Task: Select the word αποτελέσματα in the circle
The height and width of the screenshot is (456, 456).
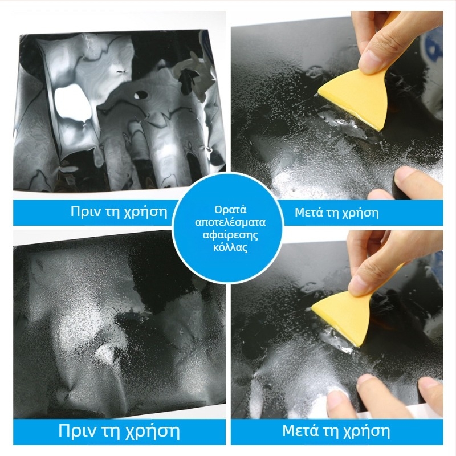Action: [230, 222]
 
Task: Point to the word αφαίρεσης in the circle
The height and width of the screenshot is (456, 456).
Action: [230, 235]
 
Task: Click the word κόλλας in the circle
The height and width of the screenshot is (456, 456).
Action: [230, 247]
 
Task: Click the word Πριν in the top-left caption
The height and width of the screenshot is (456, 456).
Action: [84, 211]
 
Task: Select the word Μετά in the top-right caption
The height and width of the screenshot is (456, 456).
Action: [308, 213]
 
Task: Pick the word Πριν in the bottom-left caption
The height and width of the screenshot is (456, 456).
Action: [75, 430]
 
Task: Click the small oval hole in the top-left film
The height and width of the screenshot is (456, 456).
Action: [141, 95]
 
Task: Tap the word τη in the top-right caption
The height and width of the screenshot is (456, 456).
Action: [332, 213]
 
